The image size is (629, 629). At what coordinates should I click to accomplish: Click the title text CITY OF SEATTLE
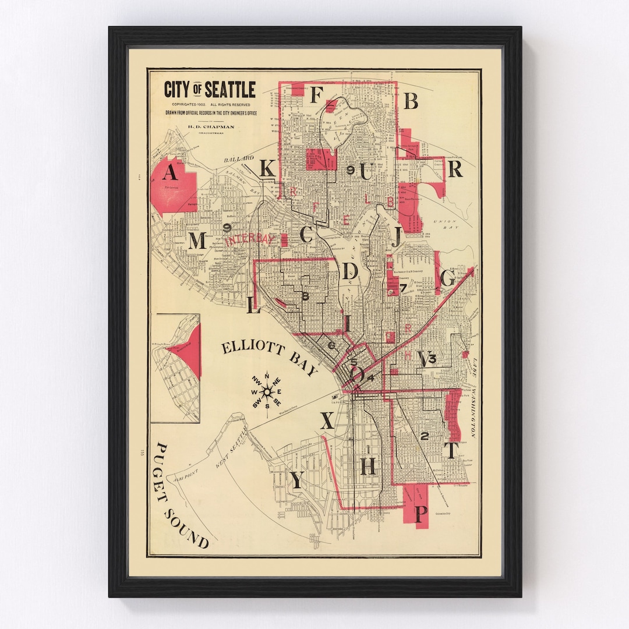210,90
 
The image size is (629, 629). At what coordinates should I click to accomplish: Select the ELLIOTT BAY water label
269,359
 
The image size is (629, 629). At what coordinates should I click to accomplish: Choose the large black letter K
267,168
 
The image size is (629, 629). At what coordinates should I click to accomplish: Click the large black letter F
316,94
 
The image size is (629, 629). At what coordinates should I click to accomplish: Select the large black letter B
411,101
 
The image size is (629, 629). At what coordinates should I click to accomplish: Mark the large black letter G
447,279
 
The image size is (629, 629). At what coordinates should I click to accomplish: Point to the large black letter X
327,420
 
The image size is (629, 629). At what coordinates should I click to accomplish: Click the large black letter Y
296,480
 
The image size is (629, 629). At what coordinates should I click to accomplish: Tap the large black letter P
420,514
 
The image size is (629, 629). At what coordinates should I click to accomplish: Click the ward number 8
305,296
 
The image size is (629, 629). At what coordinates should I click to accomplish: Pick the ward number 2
424,436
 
